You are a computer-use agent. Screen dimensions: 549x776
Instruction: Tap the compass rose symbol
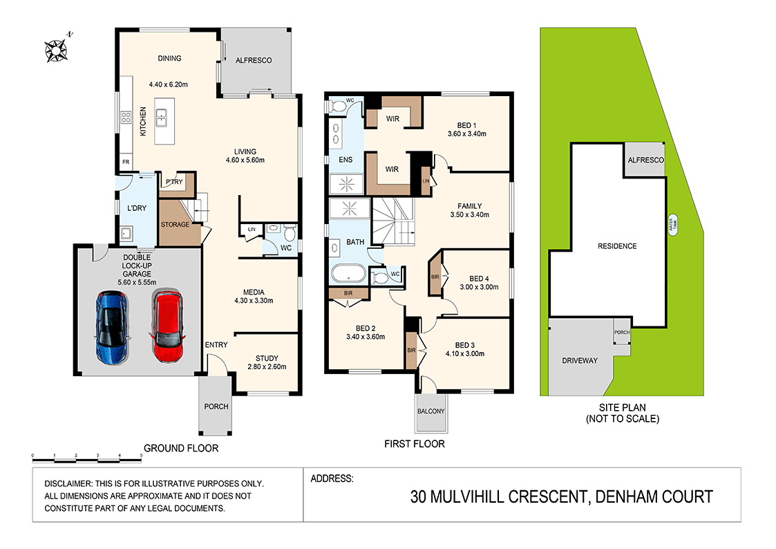point(55,50)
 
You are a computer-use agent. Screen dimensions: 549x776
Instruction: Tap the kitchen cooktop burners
point(126,118)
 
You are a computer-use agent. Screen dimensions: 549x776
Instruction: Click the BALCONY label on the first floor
point(431,411)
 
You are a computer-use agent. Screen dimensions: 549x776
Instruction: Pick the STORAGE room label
point(176,225)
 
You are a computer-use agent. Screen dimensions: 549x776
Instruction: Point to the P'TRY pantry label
point(173,183)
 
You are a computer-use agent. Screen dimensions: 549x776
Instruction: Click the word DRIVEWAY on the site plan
point(579,361)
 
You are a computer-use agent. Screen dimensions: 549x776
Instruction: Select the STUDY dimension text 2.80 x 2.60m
point(266,367)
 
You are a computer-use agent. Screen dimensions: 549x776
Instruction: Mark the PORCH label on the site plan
point(622,333)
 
